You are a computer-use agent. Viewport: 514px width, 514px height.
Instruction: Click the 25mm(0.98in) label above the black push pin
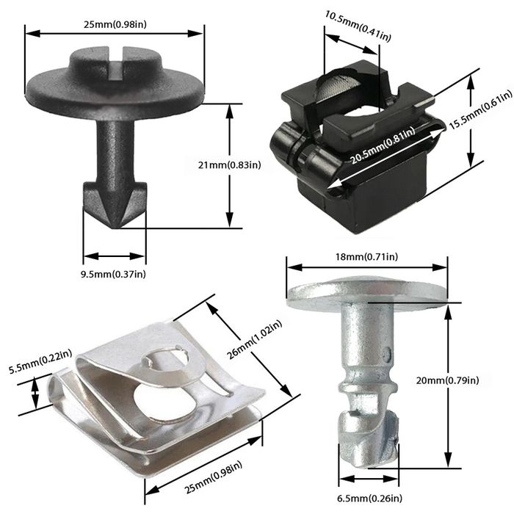click(115, 25)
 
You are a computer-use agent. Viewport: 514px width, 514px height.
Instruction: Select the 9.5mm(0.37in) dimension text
click(114, 275)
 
